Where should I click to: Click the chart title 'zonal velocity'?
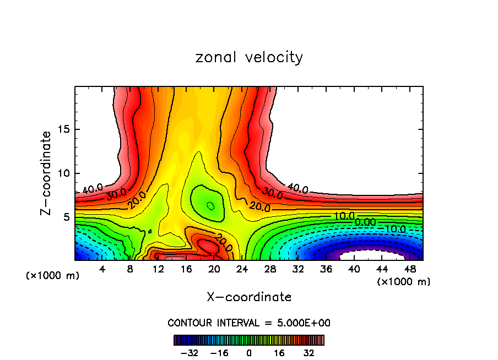point(249,57)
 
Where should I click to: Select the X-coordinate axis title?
point(249,297)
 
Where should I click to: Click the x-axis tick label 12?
point(158,269)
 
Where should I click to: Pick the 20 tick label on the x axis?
point(214,269)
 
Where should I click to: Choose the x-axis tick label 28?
point(270,269)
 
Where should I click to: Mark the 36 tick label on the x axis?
point(326,269)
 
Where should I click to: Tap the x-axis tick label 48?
point(410,269)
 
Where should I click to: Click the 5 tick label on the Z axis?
point(64,217)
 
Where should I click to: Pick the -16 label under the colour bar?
point(220,353)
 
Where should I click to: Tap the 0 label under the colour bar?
point(249,353)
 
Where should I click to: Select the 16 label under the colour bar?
point(279,353)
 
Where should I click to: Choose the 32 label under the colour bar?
point(309,353)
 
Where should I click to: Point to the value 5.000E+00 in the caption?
point(306,323)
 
